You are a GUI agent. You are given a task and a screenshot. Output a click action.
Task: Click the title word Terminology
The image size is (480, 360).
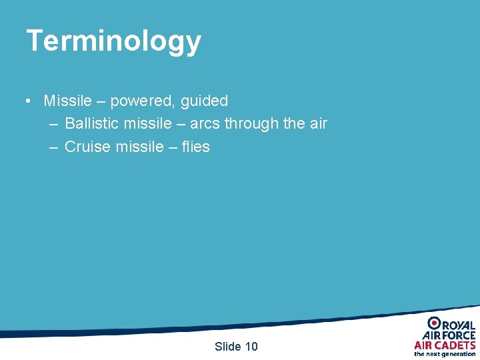tap(113, 41)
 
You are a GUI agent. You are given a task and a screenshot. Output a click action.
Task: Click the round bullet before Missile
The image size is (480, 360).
tap(27, 101)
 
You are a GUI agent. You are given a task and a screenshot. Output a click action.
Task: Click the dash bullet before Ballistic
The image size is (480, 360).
tap(53, 124)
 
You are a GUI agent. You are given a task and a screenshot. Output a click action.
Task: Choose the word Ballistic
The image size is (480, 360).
tap(92, 124)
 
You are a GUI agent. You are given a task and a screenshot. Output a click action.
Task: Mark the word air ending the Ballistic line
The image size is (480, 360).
tap(317, 124)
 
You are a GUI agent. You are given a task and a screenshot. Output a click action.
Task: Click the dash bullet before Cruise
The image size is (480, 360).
tap(53, 147)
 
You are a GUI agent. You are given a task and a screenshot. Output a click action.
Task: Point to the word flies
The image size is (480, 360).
tap(195, 147)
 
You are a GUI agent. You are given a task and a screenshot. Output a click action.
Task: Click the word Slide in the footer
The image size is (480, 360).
tap(228, 346)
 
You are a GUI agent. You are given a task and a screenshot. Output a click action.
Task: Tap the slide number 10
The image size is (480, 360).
tap(251, 346)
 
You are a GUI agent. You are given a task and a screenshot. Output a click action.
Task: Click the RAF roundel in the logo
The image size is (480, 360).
tap(433, 323)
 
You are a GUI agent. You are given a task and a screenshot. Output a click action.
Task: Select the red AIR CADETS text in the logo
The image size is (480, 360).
tap(445, 345)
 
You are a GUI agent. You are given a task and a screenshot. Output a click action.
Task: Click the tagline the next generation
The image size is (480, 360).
tap(445, 354)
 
